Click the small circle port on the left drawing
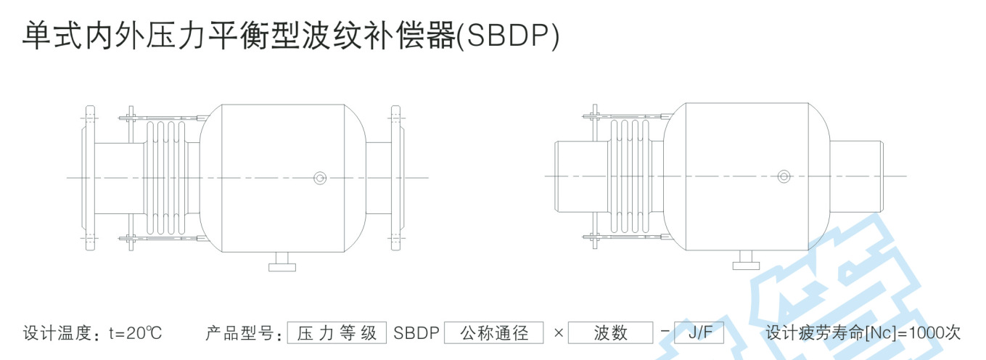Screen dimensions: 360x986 coord(320,177)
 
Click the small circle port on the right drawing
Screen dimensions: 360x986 coord(784,176)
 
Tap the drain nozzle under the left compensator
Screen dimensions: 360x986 coord(282,263)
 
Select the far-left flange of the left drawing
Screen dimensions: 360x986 coord(89,178)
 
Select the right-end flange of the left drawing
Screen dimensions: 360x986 coord(395,178)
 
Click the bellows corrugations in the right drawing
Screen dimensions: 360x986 coord(628,176)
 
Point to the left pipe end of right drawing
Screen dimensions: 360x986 coord(574,176)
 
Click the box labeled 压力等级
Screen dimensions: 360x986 coord(337,333)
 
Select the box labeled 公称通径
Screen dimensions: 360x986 coord(493,333)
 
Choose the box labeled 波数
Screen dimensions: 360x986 coord(610,333)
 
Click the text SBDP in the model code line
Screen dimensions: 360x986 coord(416,333)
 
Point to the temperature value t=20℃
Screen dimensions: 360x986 coord(136,333)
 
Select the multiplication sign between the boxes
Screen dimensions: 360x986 coord(558,333)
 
